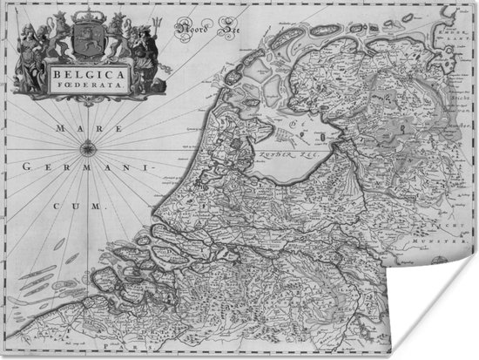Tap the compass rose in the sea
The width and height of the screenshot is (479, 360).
point(87,149)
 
